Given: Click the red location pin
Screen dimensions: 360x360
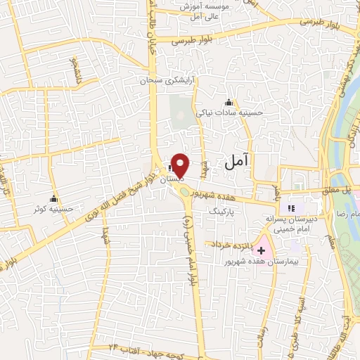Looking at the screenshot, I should pos(181,165).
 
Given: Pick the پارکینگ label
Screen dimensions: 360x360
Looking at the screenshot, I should pos(225,210).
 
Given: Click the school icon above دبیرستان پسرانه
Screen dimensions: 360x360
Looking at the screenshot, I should pos(290,208).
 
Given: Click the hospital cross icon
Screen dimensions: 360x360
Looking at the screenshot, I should pos(262,250).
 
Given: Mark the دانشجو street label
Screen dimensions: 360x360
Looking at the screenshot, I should pos(73,70).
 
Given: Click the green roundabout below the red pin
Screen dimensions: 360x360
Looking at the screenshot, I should pos(184,188).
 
